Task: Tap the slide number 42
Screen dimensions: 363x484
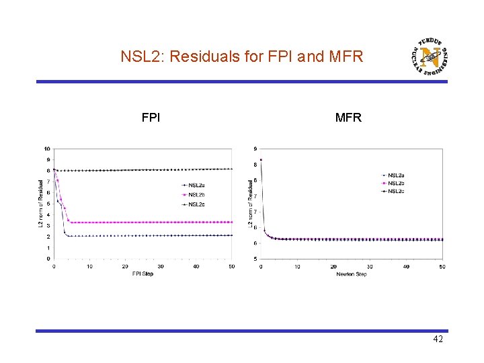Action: click(438, 339)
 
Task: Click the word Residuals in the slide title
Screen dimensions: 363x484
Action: click(200, 56)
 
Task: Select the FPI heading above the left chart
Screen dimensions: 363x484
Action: click(151, 118)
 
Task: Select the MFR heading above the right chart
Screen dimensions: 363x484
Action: click(348, 118)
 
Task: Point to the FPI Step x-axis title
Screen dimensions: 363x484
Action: click(142, 274)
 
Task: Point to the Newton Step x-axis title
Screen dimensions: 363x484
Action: click(352, 274)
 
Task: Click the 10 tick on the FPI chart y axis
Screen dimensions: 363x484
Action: click(46, 149)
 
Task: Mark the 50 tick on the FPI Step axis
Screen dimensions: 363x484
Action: click(232, 266)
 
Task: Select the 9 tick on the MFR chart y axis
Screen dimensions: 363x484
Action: click(254, 149)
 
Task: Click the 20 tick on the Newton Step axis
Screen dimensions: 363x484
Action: click(333, 266)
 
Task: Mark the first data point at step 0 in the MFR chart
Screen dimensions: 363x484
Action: click(261, 159)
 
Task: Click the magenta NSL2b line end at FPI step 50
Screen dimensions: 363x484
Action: click(232, 222)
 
